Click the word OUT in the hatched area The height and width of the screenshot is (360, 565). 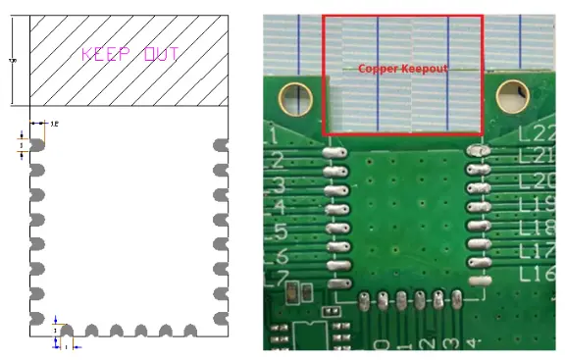(x=161, y=53)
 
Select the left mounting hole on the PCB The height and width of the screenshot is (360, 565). (x=293, y=96)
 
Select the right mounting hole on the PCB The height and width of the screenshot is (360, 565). (x=513, y=96)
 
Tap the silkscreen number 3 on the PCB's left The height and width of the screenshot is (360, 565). (x=278, y=184)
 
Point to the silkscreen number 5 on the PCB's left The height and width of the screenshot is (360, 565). (x=278, y=232)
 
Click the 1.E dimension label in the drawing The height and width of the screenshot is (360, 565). (x=55, y=124)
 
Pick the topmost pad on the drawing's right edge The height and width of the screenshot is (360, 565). (x=221, y=145)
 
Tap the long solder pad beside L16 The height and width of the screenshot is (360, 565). (x=480, y=281)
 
